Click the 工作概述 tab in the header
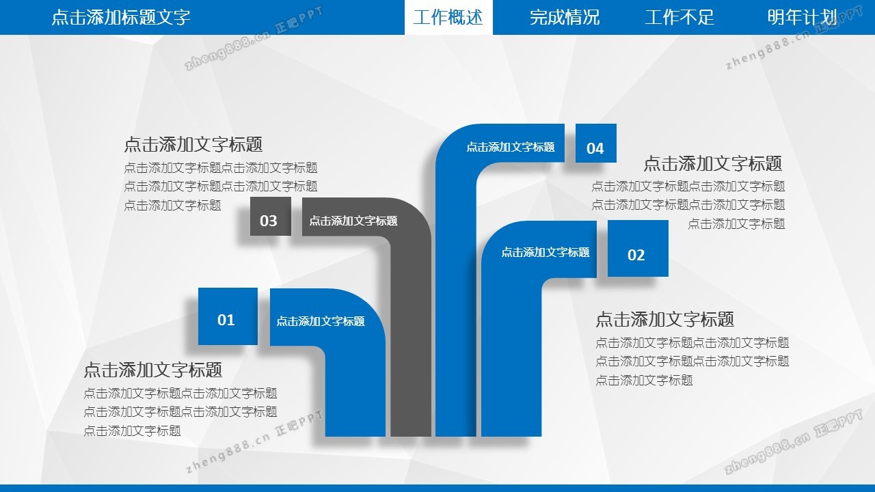448,17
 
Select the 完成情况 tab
564,17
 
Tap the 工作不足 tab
679,17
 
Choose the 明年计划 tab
801,17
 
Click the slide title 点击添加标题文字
121,17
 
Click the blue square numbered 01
227,316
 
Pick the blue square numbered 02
637,249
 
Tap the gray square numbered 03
270,217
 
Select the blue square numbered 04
595,143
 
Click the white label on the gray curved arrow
353,221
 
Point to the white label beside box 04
510,147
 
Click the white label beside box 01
320,321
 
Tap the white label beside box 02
545,252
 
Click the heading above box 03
193,144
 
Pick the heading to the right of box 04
712,163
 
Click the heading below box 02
664,319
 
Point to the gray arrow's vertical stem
411,355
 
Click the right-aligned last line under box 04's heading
736,223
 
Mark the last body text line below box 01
132,430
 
